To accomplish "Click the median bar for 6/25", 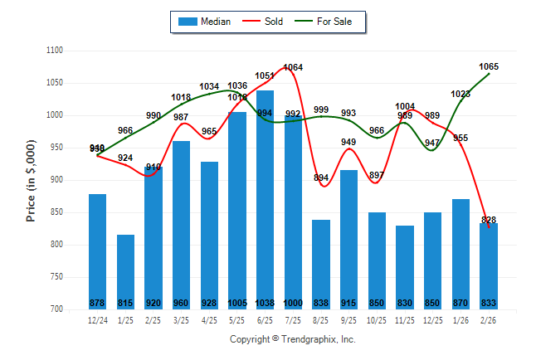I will [x=265, y=199].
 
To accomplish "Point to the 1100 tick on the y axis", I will [x=55, y=51].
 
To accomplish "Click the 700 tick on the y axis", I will [x=56, y=309].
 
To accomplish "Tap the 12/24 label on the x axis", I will [x=97, y=319].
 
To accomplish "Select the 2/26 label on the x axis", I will [x=489, y=319].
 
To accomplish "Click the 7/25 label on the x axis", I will [x=293, y=319].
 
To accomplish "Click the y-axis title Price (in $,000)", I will [x=31, y=180].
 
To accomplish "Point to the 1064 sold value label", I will [x=293, y=67].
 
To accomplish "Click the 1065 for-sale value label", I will [x=489, y=66].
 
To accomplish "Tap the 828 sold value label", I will [x=489, y=220].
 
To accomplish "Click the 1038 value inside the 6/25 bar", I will [x=265, y=303].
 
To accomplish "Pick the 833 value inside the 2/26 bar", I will [x=489, y=303].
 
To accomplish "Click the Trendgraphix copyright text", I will [x=292, y=339].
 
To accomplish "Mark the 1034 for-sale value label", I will [x=209, y=86].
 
